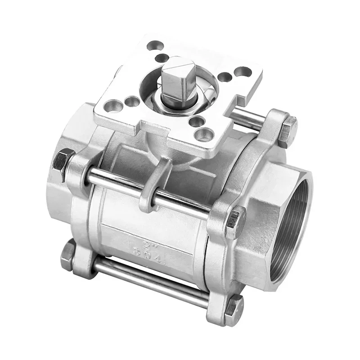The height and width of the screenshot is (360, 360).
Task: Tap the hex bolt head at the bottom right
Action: (x=234, y=310)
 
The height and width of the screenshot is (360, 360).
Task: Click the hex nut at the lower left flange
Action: (x=68, y=255)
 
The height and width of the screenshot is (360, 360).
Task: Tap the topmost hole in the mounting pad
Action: (x=156, y=45)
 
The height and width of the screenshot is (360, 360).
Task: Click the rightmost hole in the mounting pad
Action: (x=243, y=72)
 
